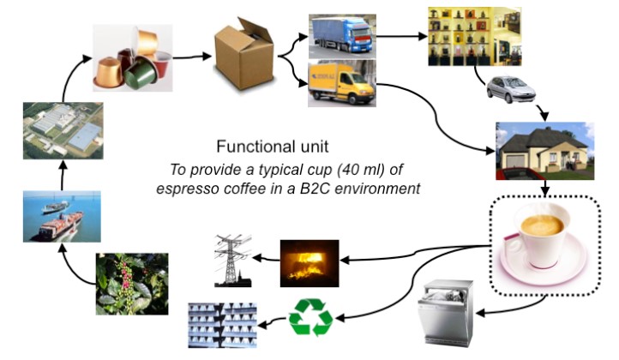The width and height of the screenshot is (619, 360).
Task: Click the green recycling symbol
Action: (310, 316)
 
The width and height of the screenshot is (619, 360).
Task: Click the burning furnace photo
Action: (309, 262)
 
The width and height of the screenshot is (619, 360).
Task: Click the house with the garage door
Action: (544, 150)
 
